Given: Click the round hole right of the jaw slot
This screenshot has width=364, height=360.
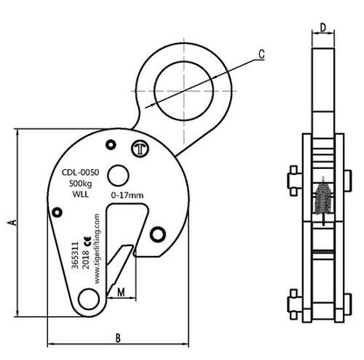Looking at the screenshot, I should pyautogui.click(x=158, y=233).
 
